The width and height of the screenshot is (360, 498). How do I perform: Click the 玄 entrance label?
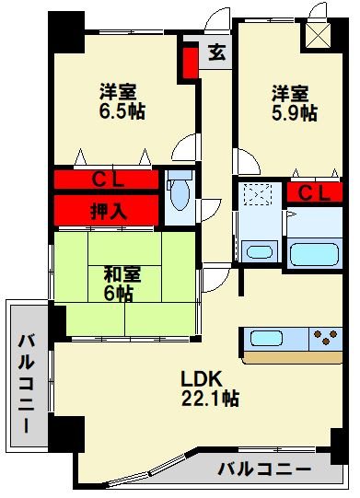click(x=215, y=52)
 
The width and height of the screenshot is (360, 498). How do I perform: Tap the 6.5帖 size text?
click(x=122, y=111)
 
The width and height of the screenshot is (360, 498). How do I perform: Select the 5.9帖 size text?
click(x=295, y=114)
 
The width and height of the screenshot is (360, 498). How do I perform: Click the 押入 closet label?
click(x=109, y=210)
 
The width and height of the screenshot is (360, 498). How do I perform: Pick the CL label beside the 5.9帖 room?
click(x=315, y=192)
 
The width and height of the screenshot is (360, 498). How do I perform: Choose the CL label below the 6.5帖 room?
click(x=109, y=180)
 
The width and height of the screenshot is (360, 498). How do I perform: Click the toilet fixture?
click(x=180, y=193)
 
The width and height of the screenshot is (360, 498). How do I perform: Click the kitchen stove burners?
click(x=325, y=338)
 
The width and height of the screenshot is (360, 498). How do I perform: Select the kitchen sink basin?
click(x=264, y=338)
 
